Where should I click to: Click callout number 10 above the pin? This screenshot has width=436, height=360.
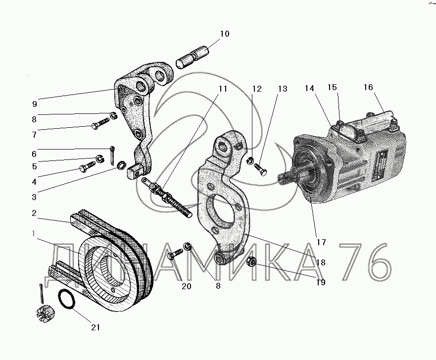225,34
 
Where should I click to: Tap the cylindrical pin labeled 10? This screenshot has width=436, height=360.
193,57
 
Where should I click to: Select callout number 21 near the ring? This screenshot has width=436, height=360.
96,327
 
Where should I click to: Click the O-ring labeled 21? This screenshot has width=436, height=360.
67,300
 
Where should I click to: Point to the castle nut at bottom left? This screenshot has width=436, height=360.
45,314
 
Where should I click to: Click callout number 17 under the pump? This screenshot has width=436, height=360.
321,242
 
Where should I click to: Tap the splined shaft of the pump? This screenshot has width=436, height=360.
289,177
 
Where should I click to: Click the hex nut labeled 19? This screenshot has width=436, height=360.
251,262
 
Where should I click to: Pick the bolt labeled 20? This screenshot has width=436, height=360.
175,254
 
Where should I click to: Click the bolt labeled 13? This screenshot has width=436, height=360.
260,169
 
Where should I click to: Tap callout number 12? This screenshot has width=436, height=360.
257,89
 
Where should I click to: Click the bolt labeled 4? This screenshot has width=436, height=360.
87,165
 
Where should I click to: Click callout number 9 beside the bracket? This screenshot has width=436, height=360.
35,104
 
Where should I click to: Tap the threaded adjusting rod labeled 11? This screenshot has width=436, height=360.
167,198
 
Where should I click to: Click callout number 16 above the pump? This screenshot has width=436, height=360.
368,87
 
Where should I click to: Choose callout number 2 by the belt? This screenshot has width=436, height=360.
34,213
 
